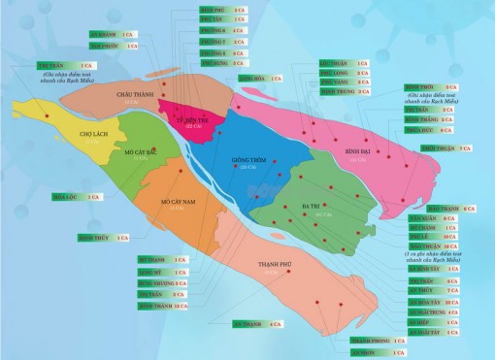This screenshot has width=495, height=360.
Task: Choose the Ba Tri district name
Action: coord(313,207)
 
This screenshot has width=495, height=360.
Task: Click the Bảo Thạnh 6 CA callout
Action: coord(450,209)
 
